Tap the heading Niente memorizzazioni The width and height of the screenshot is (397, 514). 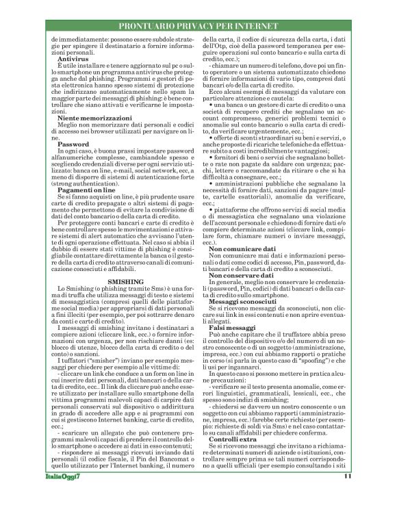coord(92,119)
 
